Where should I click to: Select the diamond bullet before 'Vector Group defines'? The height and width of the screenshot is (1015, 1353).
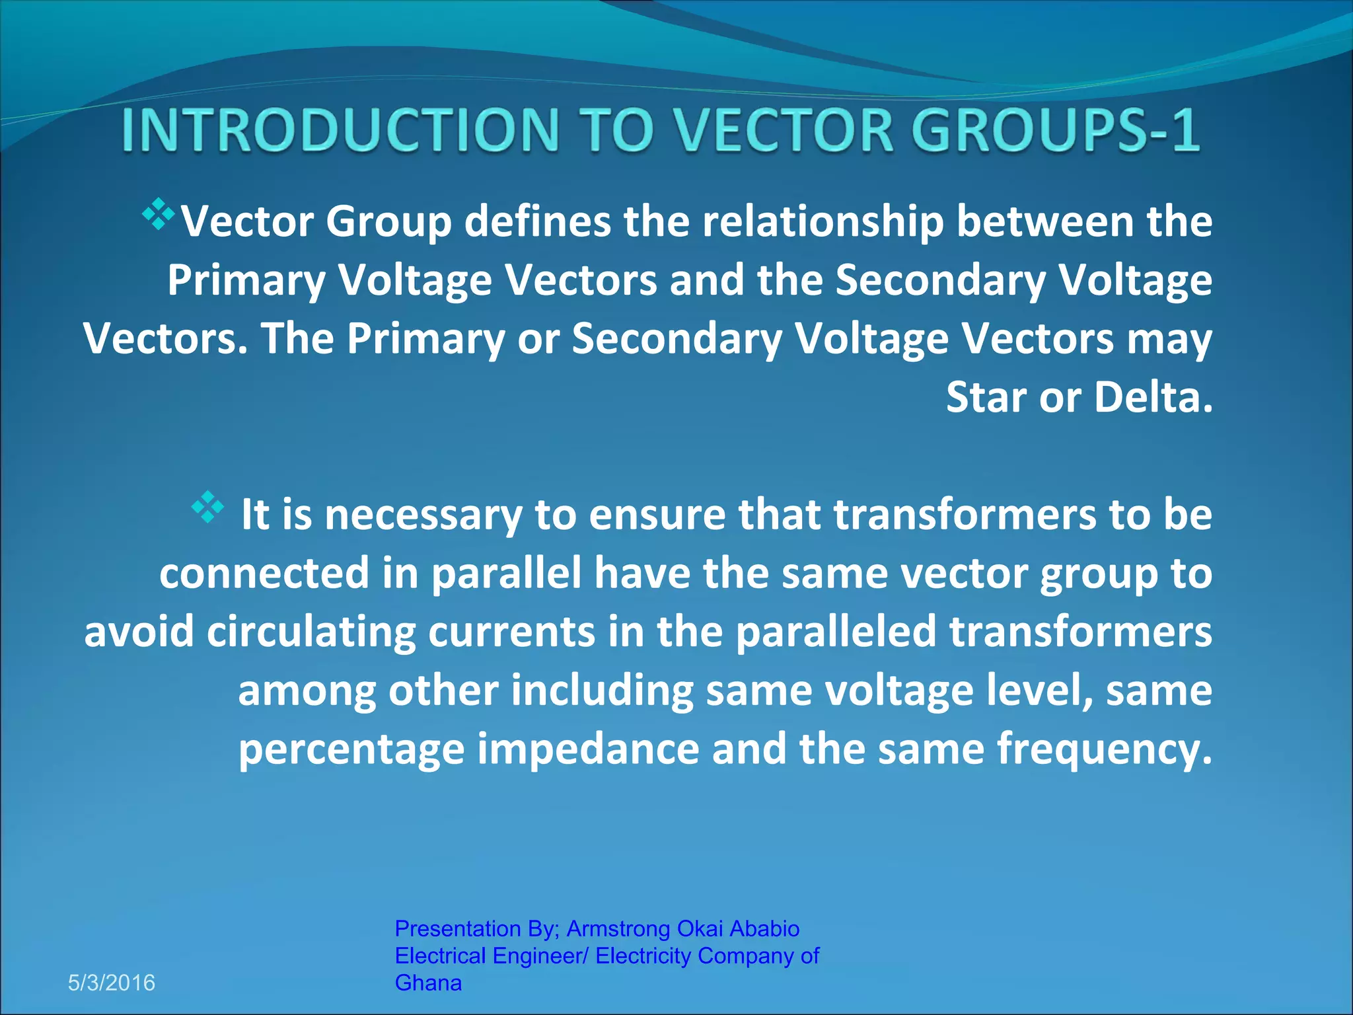pos(159,213)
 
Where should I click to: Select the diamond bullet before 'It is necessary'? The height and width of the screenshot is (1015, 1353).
pos(207,507)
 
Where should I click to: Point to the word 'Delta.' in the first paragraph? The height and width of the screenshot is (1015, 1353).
pos(1153,398)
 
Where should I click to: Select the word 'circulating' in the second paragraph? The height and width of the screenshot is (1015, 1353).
pos(311,632)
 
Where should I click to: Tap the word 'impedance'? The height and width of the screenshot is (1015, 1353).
pos(588,749)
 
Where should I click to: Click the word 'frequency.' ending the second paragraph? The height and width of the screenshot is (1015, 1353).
pos(1105,749)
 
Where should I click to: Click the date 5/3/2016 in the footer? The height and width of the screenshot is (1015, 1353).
pos(112,983)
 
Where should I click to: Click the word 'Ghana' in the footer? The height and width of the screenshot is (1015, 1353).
pos(428,983)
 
